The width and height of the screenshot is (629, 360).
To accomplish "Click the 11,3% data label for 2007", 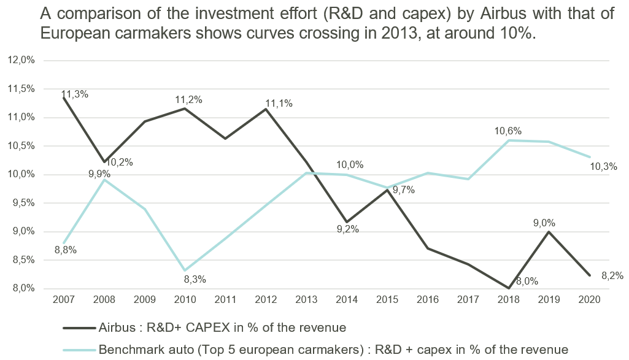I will pos(75,94).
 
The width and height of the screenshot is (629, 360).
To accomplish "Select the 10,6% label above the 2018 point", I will pos(508,131).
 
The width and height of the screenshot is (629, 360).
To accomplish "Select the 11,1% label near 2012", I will pos(279,104).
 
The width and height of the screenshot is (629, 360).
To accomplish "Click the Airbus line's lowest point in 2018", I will pos(508,288).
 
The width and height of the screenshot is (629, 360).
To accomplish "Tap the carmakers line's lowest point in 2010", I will pos(184,270).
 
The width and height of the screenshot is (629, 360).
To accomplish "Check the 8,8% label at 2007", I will pos(66,250).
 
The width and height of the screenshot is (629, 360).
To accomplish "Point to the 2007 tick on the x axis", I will pos(64,300).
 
